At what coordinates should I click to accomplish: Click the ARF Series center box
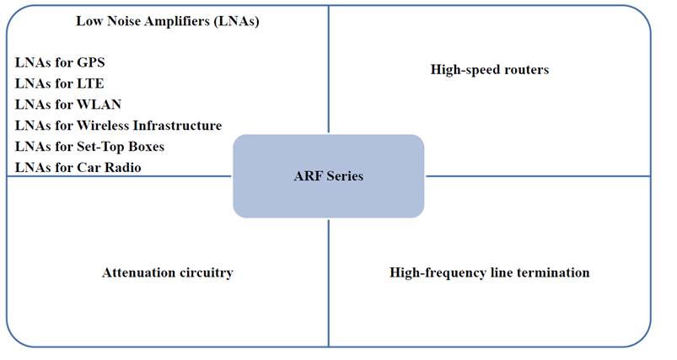328,176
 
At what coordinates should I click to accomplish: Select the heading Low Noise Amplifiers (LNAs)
167,22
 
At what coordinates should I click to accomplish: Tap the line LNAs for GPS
60,62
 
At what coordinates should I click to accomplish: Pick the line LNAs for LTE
59,83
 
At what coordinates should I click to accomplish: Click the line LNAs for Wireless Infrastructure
118,126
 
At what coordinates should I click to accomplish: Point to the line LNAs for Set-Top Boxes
89,147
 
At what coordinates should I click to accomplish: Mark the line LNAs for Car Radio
78,168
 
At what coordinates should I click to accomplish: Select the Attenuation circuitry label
167,273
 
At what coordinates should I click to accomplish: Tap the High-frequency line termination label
489,273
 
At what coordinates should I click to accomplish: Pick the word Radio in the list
123,168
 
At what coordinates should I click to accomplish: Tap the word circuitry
202,273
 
